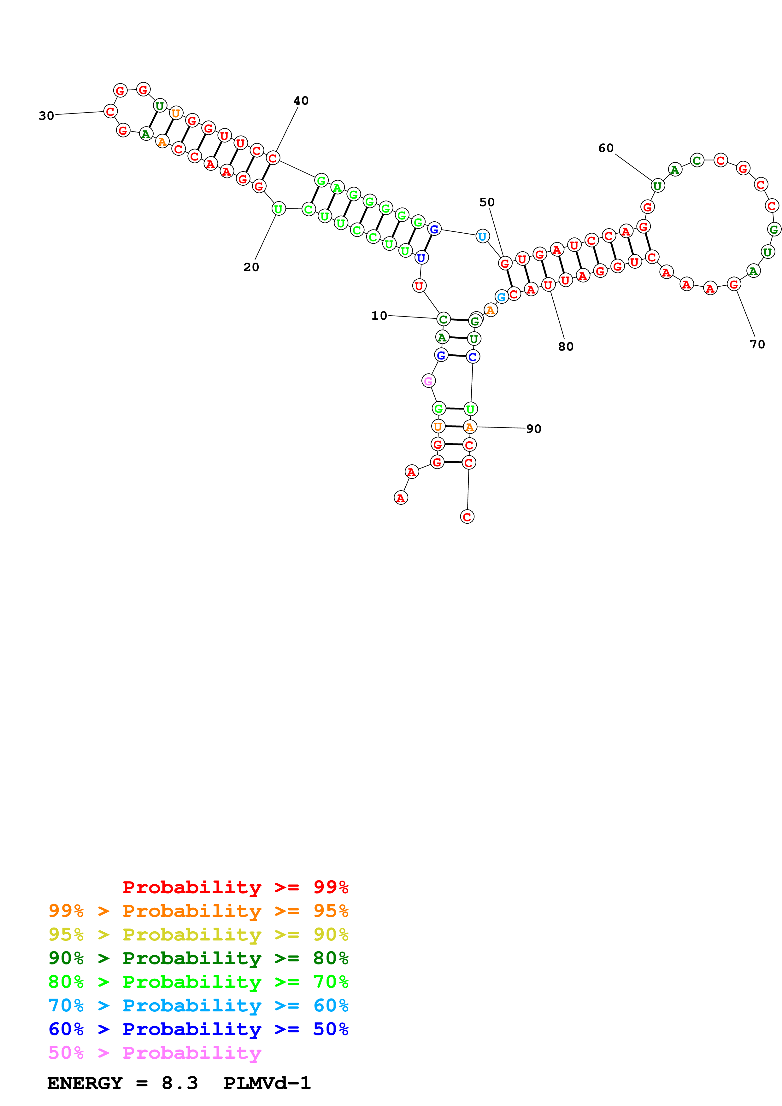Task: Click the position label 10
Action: point(379,316)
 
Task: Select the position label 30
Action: point(46,116)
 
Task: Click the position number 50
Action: point(487,202)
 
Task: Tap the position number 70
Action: point(757,344)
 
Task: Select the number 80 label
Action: point(566,347)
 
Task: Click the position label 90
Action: point(533,429)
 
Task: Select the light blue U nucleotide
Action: point(482,236)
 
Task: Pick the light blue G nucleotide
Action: point(502,297)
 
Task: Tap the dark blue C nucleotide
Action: point(473,357)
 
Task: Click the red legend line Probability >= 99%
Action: point(235,887)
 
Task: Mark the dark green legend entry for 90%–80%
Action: point(198,958)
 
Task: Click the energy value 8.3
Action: point(179,1083)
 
